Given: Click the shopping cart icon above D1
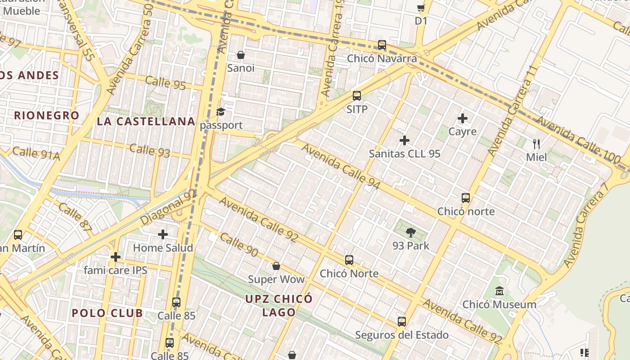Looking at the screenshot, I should (421, 8).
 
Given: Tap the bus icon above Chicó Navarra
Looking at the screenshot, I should (382, 45).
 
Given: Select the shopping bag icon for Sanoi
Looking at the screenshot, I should (241, 55).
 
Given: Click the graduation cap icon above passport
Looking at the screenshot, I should (220, 112).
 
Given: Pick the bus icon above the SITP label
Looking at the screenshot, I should (357, 96).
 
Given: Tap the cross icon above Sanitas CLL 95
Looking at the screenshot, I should (405, 140).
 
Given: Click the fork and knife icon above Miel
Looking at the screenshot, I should (536, 144).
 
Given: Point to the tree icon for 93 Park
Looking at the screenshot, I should (410, 233).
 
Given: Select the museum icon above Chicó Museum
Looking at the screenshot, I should (499, 291).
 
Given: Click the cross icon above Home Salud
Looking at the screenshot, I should (163, 234).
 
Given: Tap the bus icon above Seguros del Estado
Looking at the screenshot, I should (402, 322).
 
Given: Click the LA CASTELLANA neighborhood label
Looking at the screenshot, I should (146, 121).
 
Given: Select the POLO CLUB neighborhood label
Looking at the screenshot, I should (107, 313).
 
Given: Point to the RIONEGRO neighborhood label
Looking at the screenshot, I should (46, 116).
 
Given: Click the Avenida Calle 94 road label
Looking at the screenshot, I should (341, 166).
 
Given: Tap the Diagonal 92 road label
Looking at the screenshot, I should (168, 207).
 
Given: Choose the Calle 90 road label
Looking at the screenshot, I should (239, 245).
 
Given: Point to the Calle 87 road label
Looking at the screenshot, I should (75, 216).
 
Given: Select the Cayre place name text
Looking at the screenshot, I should (463, 132).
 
